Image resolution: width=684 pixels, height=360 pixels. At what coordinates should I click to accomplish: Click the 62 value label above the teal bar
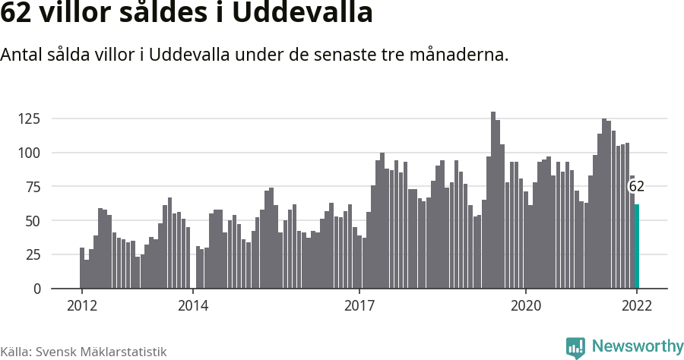[636, 187]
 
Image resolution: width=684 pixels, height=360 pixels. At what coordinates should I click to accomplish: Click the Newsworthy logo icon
[575, 348]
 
